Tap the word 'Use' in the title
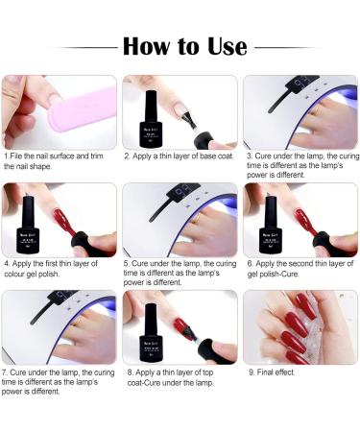click(222, 45)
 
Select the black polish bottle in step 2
click(153, 112)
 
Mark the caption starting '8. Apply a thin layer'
click(178, 375)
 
